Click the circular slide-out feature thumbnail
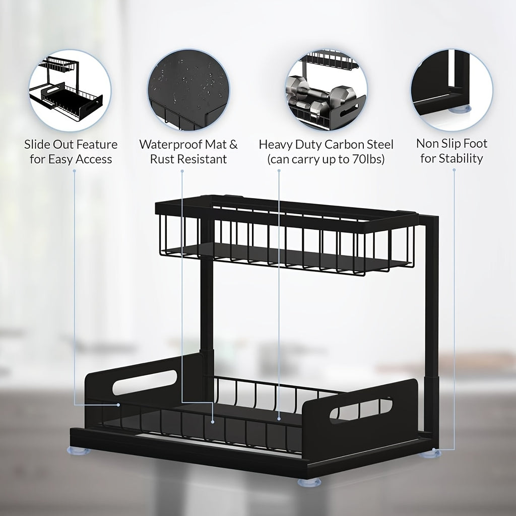point(70,91)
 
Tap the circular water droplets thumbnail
point(188,91)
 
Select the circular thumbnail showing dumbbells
point(326,91)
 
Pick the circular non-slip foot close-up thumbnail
point(451,91)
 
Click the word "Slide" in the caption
point(37,145)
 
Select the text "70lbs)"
point(368,160)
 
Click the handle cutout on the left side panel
point(145,382)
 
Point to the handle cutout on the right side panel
point(360,409)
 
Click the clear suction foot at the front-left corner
point(79,450)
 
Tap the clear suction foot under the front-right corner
point(309,482)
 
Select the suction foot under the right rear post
point(431,454)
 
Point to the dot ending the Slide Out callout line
point(118,405)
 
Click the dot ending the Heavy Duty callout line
point(279,418)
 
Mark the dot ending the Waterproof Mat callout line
point(213,421)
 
